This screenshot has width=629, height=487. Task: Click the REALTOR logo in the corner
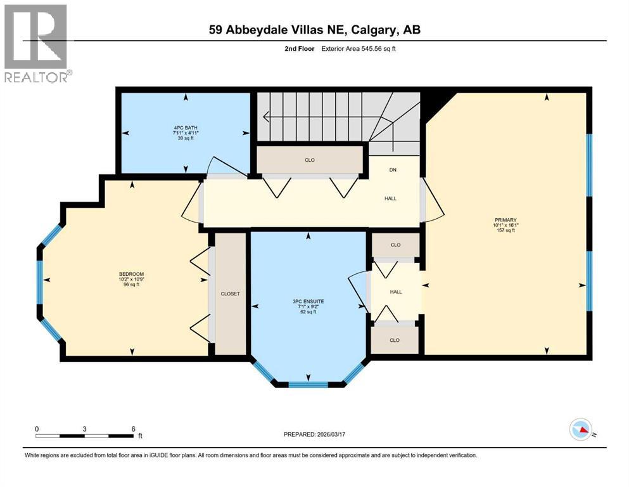pyautogui.click(x=36, y=43)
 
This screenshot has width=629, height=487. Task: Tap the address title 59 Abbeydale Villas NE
pyautogui.click(x=314, y=30)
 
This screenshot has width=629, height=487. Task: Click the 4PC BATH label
pyautogui.click(x=186, y=128)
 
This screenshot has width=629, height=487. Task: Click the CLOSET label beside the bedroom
pyautogui.click(x=230, y=294)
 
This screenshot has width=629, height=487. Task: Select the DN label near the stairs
pyautogui.click(x=392, y=170)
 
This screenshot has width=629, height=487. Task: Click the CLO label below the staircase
pyautogui.click(x=310, y=160)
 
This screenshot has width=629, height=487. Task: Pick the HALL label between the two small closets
pyautogui.click(x=395, y=292)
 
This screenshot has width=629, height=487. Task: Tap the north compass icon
pyautogui.click(x=580, y=430)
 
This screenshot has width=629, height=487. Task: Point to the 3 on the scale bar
pyautogui.click(x=84, y=428)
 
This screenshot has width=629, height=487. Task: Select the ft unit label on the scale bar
pyautogui.click(x=140, y=436)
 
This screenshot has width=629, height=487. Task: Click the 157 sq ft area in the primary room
pyautogui.click(x=505, y=230)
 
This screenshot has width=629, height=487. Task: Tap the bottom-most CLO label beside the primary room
pyautogui.click(x=395, y=340)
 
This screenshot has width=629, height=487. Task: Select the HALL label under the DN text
pyautogui.click(x=391, y=198)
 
